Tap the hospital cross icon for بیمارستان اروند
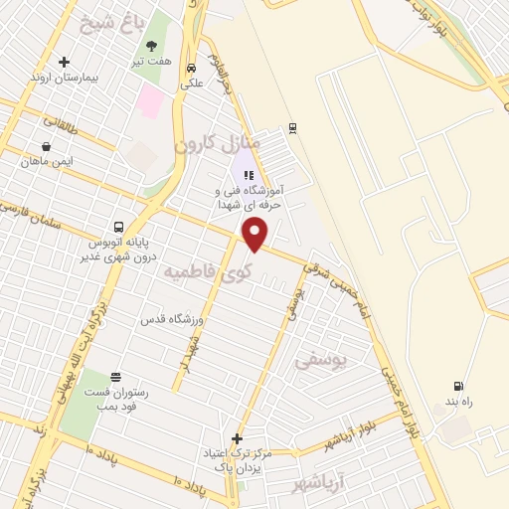[x=65, y=62]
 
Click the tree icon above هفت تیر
[x=151, y=46]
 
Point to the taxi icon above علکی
[x=192, y=69]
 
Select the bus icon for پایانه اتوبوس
[x=119, y=226]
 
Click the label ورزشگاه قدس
[x=171, y=318]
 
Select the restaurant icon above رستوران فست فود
[x=117, y=377]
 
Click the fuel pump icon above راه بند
[x=457, y=387]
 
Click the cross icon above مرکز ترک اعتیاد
[x=237, y=438]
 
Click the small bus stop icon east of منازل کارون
[x=291, y=127]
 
